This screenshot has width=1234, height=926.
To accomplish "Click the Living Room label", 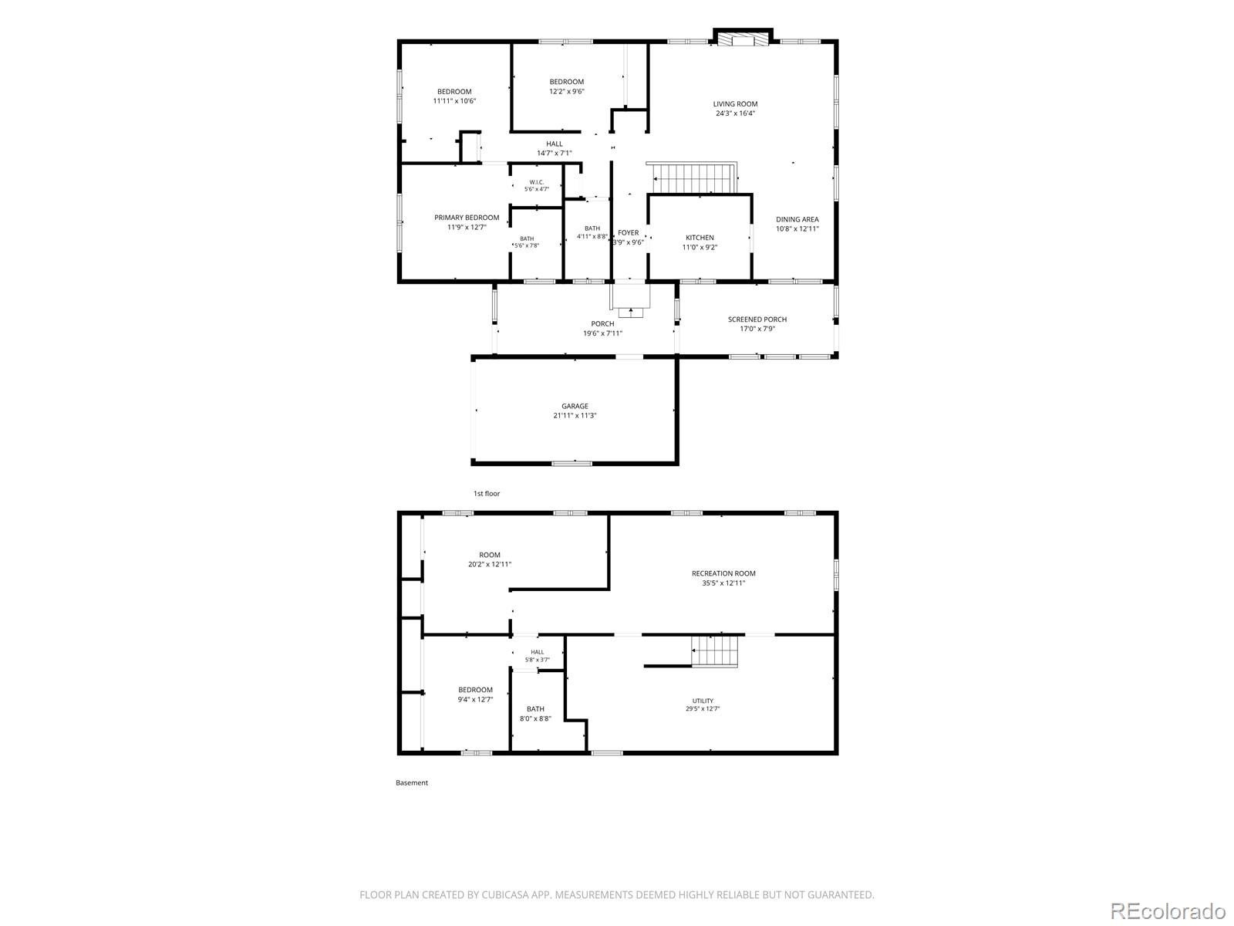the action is [x=735, y=109].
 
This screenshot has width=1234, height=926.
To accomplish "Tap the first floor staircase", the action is [x=693, y=177].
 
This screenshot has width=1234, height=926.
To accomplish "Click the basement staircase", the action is [x=714, y=651].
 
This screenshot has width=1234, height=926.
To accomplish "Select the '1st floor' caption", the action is [x=487, y=494].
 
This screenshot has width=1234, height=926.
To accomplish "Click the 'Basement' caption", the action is [x=412, y=782].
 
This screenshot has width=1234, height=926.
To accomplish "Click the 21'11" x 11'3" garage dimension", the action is [x=575, y=415].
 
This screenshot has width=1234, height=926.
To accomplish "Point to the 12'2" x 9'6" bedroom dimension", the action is [x=567, y=91].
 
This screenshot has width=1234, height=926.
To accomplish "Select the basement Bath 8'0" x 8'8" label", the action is [x=535, y=714].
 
